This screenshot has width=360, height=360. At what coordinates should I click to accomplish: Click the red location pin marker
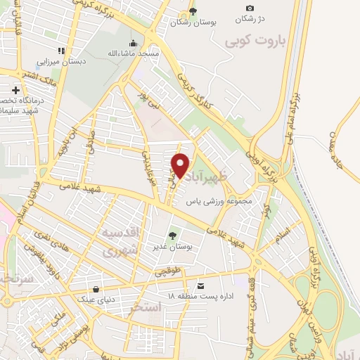(181, 166)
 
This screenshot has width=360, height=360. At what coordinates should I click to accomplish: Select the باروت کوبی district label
(253, 42)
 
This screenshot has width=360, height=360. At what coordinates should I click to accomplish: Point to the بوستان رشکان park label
(193, 22)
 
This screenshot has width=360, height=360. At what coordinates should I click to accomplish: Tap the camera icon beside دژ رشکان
(250, 8)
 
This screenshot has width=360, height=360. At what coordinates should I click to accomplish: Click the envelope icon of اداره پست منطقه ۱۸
(201, 285)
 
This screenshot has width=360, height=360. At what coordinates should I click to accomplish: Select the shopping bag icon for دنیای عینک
(96, 288)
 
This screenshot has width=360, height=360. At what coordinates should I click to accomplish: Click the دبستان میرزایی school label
(62, 61)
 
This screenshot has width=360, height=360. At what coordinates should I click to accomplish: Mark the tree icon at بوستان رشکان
(193, 12)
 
